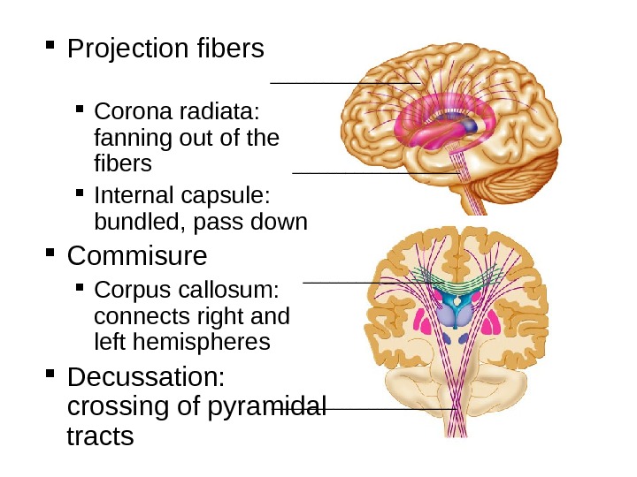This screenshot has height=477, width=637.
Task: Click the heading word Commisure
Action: point(137,256)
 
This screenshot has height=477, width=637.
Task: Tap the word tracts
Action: point(101,435)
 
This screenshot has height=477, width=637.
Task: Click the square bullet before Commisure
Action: point(54,256)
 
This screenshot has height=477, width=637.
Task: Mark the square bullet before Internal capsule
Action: point(80,193)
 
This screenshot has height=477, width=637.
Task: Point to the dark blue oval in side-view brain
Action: point(471,126)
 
